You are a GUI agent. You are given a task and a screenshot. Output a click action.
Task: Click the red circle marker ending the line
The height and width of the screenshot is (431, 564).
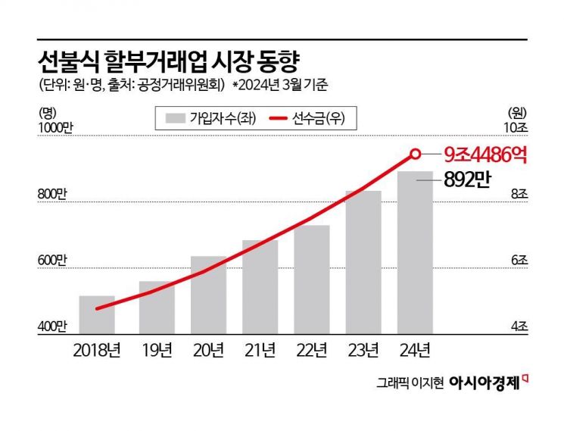(415, 154)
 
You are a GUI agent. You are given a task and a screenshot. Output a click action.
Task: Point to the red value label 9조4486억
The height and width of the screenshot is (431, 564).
(485, 155)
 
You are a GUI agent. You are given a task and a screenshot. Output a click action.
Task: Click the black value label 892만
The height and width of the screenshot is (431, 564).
(469, 180)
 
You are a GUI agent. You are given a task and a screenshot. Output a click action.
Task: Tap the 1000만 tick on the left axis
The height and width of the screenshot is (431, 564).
(54, 127)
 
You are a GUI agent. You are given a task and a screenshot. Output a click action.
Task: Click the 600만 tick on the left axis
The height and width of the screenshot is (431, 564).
(51, 261)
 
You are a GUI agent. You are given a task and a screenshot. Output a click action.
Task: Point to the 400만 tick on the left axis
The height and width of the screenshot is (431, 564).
(51, 326)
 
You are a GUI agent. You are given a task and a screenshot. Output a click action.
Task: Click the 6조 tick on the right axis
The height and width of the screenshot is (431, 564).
(519, 261)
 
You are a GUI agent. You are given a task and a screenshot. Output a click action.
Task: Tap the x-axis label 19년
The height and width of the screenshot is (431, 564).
(156, 351)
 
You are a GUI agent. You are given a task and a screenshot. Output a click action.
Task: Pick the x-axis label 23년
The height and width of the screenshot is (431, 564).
(363, 351)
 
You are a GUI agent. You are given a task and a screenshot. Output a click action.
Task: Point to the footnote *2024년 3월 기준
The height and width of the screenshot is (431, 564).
(279, 86)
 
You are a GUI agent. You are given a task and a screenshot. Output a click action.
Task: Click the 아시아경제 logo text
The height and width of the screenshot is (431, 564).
(485, 383)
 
